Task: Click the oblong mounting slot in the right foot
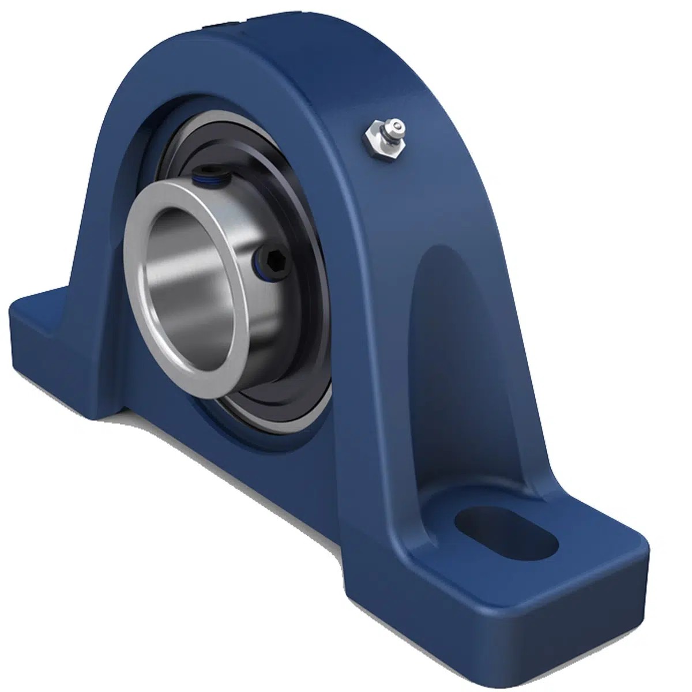pyautogui.click(x=506, y=533)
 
